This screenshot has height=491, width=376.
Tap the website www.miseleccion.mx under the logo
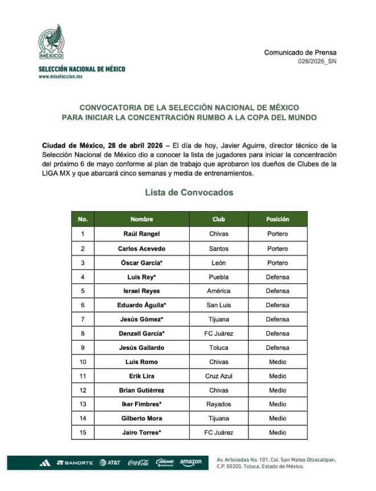(60, 76)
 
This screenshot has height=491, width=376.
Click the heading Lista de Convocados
(189, 192)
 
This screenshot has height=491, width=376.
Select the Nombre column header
(142, 219)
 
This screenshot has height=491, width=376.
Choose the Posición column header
(277, 219)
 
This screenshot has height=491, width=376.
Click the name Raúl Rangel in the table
(142, 234)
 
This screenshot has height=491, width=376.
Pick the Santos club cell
(219, 249)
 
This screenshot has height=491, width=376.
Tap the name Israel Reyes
(142, 291)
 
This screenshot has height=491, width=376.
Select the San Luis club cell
(219, 305)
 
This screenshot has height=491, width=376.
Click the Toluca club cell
(219, 348)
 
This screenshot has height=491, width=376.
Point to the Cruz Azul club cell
(219, 376)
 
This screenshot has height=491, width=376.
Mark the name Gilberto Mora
(142, 418)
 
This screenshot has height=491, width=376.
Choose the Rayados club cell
(219, 404)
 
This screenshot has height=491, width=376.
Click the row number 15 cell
(83, 432)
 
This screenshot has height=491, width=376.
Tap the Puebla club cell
(219, 277)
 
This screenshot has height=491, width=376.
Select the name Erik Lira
(142, 376)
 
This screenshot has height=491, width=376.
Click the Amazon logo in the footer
(191, 463)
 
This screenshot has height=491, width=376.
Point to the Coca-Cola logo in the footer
(138, 463)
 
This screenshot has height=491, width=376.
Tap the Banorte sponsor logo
(75, 463)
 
